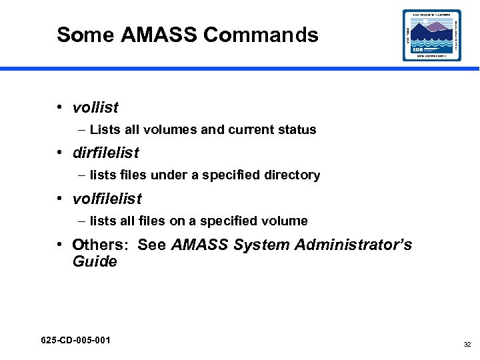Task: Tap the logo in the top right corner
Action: click(431, 35)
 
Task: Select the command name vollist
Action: click(95, 107)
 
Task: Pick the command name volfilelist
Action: click(107, 199)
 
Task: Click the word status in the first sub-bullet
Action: click(297, 130)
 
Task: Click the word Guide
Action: click(95, 261)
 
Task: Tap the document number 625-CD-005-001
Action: click(75, 341)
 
